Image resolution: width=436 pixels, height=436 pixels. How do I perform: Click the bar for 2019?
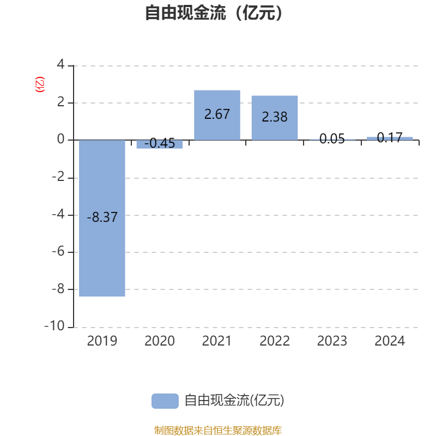pos(102,218)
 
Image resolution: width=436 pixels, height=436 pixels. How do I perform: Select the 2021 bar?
pos(217,115)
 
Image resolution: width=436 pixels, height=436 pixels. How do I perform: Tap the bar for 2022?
pos(275,118)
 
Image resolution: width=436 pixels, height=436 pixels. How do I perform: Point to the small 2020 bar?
pos(160,144)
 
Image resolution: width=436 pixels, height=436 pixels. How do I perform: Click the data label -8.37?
pos(102,217)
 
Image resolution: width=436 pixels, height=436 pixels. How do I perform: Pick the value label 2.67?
pos(217,114)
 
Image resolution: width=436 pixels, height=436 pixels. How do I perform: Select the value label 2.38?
pos(275,117)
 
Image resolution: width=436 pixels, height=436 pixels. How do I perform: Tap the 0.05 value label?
pos(332,139)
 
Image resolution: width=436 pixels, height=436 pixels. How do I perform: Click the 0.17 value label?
pos(390,138)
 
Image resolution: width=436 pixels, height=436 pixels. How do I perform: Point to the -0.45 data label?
pos(160,143)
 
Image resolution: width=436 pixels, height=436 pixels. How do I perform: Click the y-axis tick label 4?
pos(60,64)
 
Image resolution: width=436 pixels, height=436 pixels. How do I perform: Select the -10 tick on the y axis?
pos(55,325)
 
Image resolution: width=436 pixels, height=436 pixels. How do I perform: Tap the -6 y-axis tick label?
pos(58,252)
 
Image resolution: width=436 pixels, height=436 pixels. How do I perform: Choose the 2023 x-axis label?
pos(332,341)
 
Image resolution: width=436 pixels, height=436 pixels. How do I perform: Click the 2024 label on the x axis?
pos(390,341)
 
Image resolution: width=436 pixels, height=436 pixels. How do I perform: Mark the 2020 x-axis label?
pos(160,341)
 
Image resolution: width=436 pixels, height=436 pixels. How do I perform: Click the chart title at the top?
pos(214,13)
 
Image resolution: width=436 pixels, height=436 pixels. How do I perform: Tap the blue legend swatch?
pos(165,401)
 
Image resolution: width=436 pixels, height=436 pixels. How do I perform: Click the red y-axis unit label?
pos(40,84)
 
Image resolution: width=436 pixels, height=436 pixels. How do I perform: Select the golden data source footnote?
pos(218,430)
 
